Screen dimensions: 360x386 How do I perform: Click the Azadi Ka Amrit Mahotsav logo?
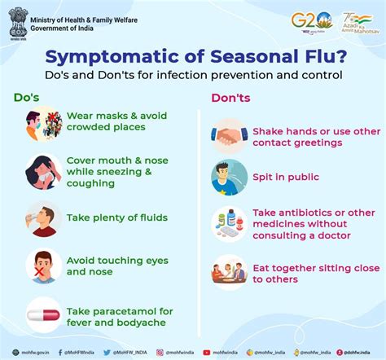click(x=357, y=20)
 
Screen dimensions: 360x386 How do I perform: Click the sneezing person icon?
click(x=44, y=172)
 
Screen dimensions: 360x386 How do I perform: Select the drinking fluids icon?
click(x=44, y=217)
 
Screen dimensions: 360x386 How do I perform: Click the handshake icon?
click(x=230, y=136)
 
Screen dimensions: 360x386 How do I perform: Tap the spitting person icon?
click(x=230, y=177)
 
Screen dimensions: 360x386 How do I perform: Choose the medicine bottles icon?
click(x=230, y=223)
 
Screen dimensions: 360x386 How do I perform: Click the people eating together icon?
click(x=230, y=272)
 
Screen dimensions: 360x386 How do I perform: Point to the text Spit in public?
click(x=285, y=177)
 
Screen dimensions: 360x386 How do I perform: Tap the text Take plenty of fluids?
click(x=116, y=217)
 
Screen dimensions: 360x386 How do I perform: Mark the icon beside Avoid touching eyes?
click(x=44, y=266)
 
